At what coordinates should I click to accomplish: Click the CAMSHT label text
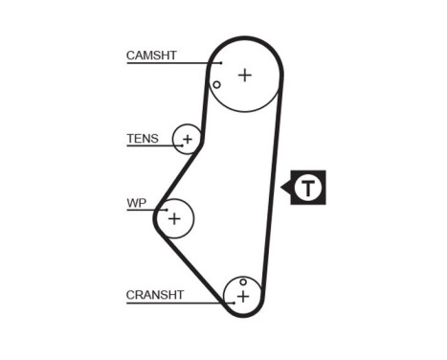(x=152, y=56)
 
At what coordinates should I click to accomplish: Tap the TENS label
(x=142, y=139)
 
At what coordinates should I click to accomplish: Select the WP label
(x=136, y=203)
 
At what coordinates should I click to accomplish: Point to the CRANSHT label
(x=154, y=295)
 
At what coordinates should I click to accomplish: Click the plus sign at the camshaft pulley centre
(x=245, y=74)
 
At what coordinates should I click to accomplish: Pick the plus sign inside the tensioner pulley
(x=188, y=140)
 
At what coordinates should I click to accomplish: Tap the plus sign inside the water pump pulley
(x=174, y=218)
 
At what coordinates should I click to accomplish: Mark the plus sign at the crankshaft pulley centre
(x=243, y=297)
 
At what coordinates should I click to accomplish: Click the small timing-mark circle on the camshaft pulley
(x=217, y=85)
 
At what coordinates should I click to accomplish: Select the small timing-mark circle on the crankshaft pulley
(x=243, y=282)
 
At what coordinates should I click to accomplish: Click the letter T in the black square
(x=308, y=188)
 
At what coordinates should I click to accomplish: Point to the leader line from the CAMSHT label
(x=172, y=63)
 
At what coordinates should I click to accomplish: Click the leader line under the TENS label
(x=153, y=146)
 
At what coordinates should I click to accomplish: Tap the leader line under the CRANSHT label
(x=177, y=303)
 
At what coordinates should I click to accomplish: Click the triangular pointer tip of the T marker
(x=282, y=188)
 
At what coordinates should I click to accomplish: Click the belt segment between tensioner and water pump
(x=179, y=179)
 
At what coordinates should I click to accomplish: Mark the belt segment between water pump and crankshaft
(x=191, y=266)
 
